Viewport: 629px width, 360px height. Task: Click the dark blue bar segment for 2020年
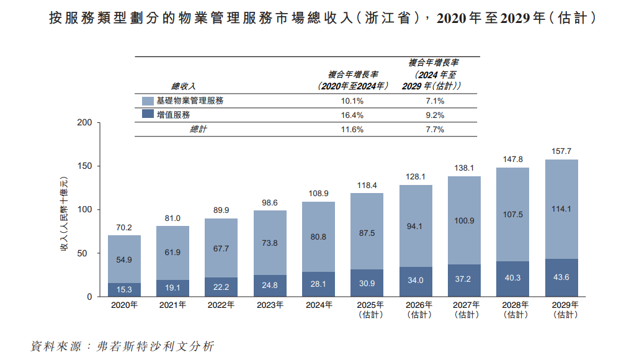pos(124,290)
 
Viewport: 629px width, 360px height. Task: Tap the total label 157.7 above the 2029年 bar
pos(561,151)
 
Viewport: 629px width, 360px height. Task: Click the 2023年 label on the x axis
pos(270,305)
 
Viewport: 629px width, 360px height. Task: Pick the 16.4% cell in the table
pos(352,115)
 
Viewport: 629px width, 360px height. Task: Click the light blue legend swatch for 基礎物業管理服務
pos(148,101)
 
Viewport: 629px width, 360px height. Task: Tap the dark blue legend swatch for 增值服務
pos(148,115)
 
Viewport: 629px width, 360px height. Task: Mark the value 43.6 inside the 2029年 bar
pos(561,277)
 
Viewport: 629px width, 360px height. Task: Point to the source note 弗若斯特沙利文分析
pos(156,346)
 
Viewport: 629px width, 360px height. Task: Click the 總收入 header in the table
pos(184,86)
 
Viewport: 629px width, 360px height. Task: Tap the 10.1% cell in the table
pos(352,101)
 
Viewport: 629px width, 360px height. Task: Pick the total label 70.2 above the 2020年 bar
pos(124,228)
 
